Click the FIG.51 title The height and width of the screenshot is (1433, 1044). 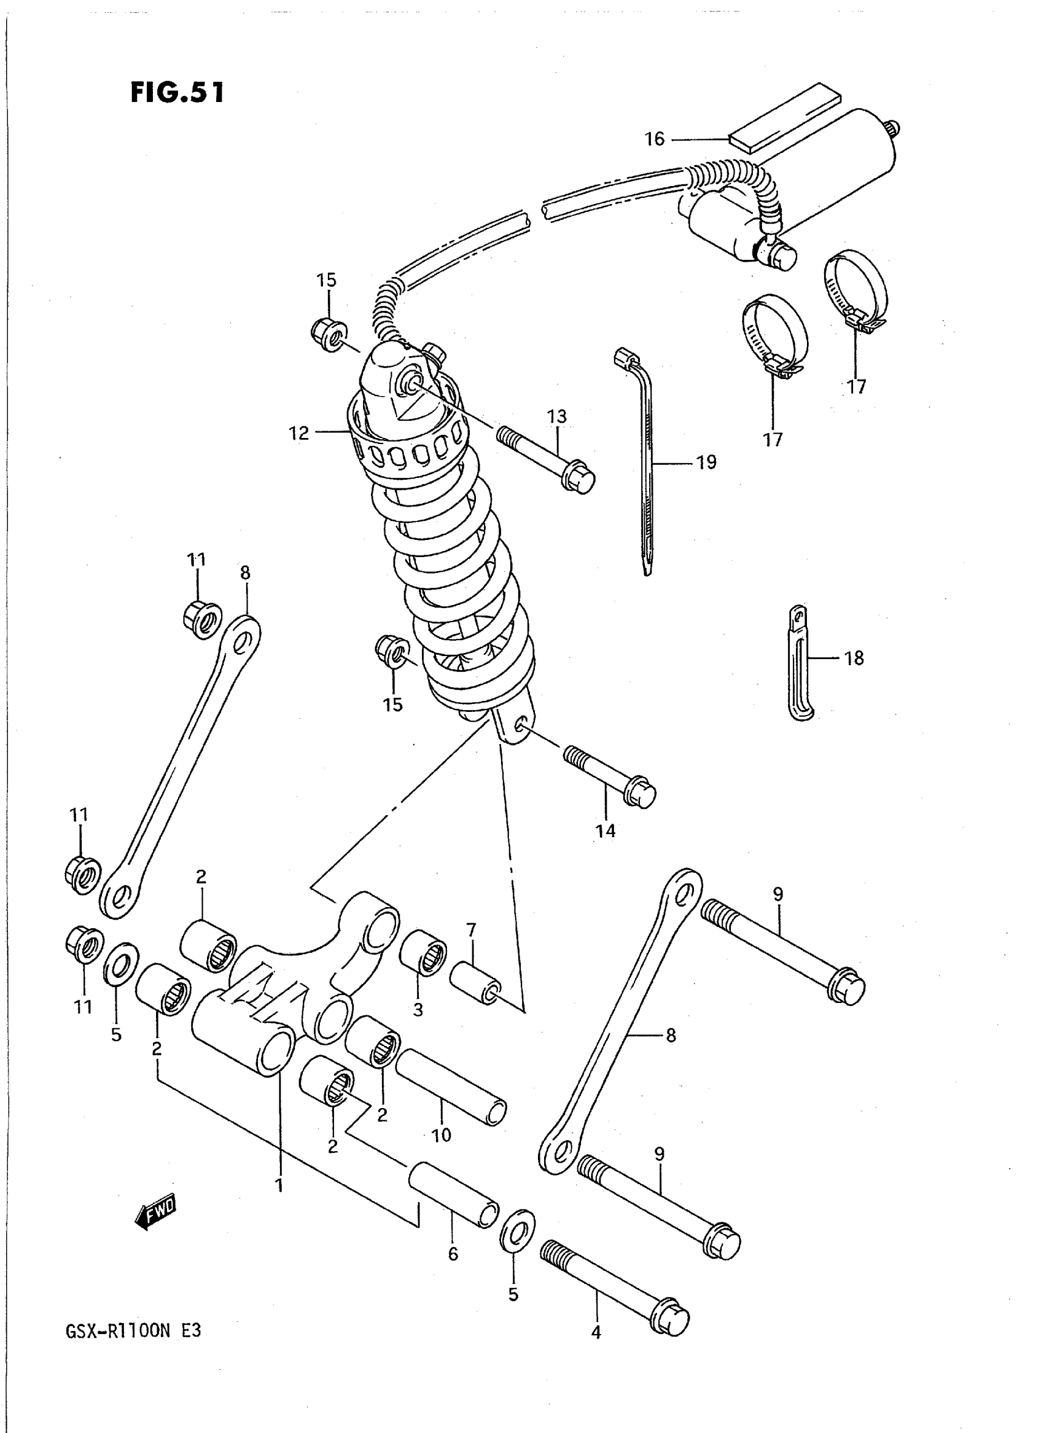tap(177, 92)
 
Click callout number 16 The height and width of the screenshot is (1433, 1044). tap(655, 138)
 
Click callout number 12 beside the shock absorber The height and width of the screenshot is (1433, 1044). tap(299, 433)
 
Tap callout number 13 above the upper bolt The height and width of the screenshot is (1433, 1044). tap(557, 416)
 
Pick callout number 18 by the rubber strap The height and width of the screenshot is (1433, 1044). tap(854, 658)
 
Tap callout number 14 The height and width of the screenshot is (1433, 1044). tap(606, 830)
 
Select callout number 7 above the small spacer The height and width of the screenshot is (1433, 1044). tap(471, 930)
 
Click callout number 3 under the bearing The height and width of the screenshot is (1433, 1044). tap(418, 1009)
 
